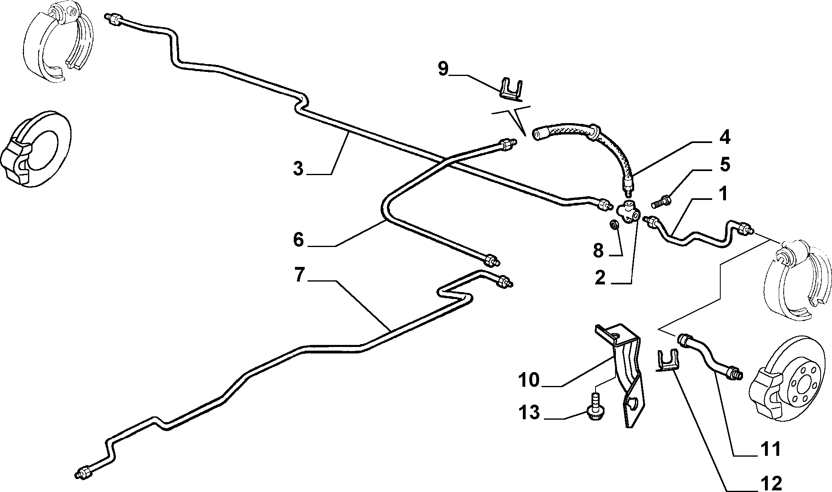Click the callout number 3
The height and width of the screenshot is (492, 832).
[x=299, y=169]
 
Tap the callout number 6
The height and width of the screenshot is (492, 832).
[x=299, y=240]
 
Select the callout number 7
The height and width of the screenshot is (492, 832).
[x=299, y=275]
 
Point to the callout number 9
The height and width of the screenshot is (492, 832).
[x=443, y=69]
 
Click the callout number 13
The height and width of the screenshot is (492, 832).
[x=529, y=412]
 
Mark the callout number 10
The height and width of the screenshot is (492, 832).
[x=529, y=380]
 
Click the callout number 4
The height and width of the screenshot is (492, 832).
[x=724, y=137]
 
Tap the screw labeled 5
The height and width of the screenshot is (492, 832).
[x=662, y=201]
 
